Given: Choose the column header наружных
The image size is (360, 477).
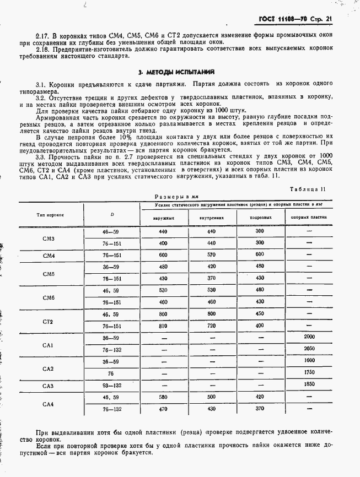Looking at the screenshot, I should coord(163,217).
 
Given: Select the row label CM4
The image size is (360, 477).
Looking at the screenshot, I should coord(49,256).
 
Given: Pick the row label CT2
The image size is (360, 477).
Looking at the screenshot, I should coord(49,321).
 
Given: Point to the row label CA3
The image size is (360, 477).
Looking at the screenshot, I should coord(49,386).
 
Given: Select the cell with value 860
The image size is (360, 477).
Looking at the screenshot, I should coord(163,314).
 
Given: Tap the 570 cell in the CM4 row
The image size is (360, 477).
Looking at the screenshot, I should coord(211,256).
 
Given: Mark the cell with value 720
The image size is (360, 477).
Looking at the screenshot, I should coord(211,326).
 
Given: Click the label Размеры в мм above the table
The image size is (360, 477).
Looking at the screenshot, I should coord(175,196).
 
